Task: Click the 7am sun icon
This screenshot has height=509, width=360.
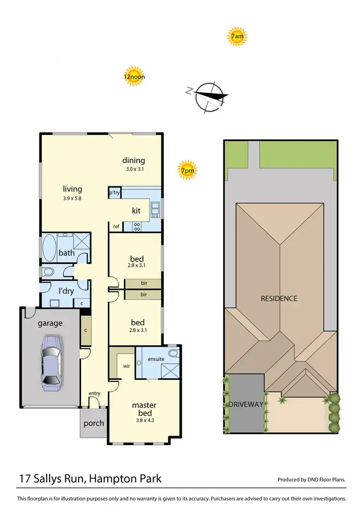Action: (x=236, y=36)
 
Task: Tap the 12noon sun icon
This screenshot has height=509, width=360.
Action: (x=134, y=76)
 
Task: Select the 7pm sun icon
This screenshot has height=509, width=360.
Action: (x=188, y=170)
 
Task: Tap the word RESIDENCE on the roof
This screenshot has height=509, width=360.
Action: (x=279, y=298)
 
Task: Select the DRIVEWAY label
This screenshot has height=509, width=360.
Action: (x=246, y=404)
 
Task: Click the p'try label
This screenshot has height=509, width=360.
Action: (x=114, y=193)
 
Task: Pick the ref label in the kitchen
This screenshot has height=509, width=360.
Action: (x=116, y=226)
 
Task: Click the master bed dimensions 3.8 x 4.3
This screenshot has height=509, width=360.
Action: (x=145, y=421)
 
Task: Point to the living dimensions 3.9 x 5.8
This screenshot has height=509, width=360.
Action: (x=72, y=198)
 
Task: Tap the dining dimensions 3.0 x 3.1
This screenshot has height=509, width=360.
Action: (x=133, y=169)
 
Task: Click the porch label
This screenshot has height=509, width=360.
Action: (x=94, y=424)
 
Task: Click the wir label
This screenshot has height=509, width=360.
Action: (x=126, y=366)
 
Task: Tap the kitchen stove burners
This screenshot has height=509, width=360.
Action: (x=137, y=226)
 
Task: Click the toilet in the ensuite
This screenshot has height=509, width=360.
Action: (x=173, y=354)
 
